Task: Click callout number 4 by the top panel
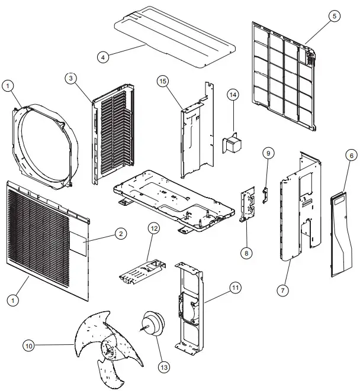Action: tap(103, 57)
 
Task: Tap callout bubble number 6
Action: tap(351, 155)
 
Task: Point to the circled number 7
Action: tap(283, 290)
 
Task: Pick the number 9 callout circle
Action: tap(268, 154)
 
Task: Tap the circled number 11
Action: tap(236, 288)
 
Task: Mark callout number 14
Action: tap(233, 94)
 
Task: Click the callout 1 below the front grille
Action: tap(12, 300)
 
